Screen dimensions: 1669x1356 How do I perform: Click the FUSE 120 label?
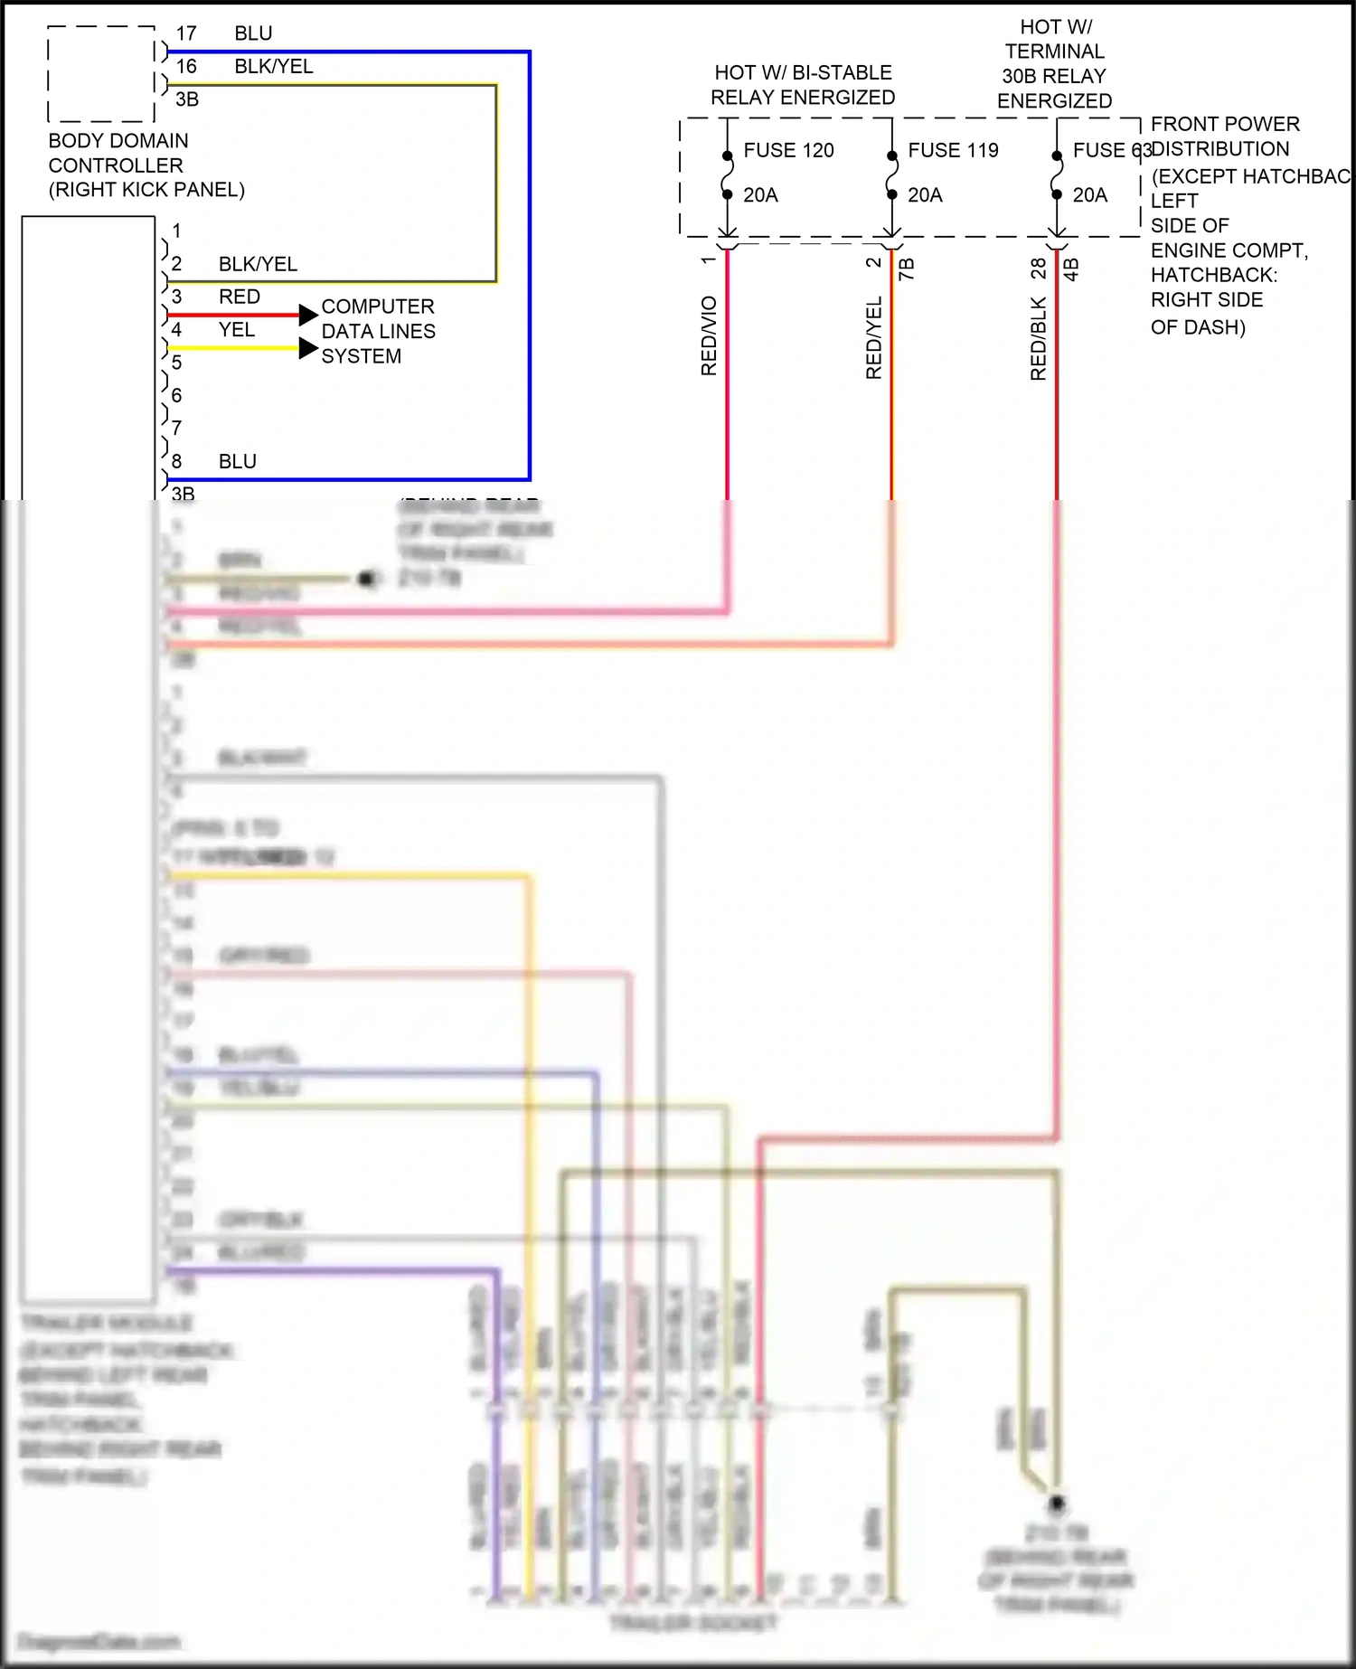coord(788,150)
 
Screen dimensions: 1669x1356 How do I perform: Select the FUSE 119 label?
coord(953,150)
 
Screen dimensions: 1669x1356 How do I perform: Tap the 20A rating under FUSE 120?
coord(760,195)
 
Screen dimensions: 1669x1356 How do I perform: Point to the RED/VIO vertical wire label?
coord(709,335)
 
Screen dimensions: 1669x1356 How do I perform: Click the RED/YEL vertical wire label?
coord(873,337)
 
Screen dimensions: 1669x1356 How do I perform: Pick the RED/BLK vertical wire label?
coord(1038,338)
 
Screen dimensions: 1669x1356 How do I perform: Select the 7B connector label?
coord(907,269)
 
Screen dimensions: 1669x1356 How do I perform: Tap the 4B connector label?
coord(1071,269)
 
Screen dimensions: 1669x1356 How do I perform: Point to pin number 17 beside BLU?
coord(186,34)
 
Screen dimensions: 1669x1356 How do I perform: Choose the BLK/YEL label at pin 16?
coord(273,67)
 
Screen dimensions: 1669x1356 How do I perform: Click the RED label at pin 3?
coord(240,297)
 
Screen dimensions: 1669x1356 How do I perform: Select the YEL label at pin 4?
coord(237,330)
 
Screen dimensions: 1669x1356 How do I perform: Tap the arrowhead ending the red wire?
coord(308,315)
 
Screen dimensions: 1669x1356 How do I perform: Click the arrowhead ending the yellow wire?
coord(308,348)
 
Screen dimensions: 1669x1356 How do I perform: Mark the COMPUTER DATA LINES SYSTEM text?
coord(378,332)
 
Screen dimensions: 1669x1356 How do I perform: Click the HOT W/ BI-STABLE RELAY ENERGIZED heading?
coord(803,85)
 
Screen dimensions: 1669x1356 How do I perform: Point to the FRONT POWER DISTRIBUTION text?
coord(1224,137)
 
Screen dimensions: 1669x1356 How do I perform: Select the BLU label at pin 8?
coord(238,462)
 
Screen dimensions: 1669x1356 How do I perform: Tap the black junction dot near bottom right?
coord(1056,1503)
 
